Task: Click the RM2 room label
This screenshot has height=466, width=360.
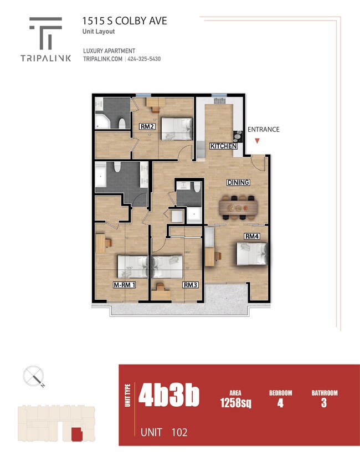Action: [x=146, y=126]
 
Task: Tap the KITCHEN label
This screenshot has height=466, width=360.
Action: [x=223, y=146]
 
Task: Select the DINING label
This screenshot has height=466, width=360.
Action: [x=238, y=182]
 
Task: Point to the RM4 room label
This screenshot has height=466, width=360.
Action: [x=252, y=237]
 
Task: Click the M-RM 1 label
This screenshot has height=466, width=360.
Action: [x=125, y=285]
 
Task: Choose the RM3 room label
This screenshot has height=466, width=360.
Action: [x=190, y=285]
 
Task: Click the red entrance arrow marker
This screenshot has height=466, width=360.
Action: [x=256, y=141]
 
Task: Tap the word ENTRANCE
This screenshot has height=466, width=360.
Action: [x=263, y=130]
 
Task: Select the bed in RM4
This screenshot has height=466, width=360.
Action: [x=252, y=254]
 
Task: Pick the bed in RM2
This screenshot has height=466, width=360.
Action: [x=177, y=129]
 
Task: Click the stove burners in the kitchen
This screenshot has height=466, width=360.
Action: [x=238, y=135]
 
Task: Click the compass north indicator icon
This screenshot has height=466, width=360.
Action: [x=34, y=377]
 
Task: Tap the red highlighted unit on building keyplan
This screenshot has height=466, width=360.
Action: [x=76, y=435]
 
